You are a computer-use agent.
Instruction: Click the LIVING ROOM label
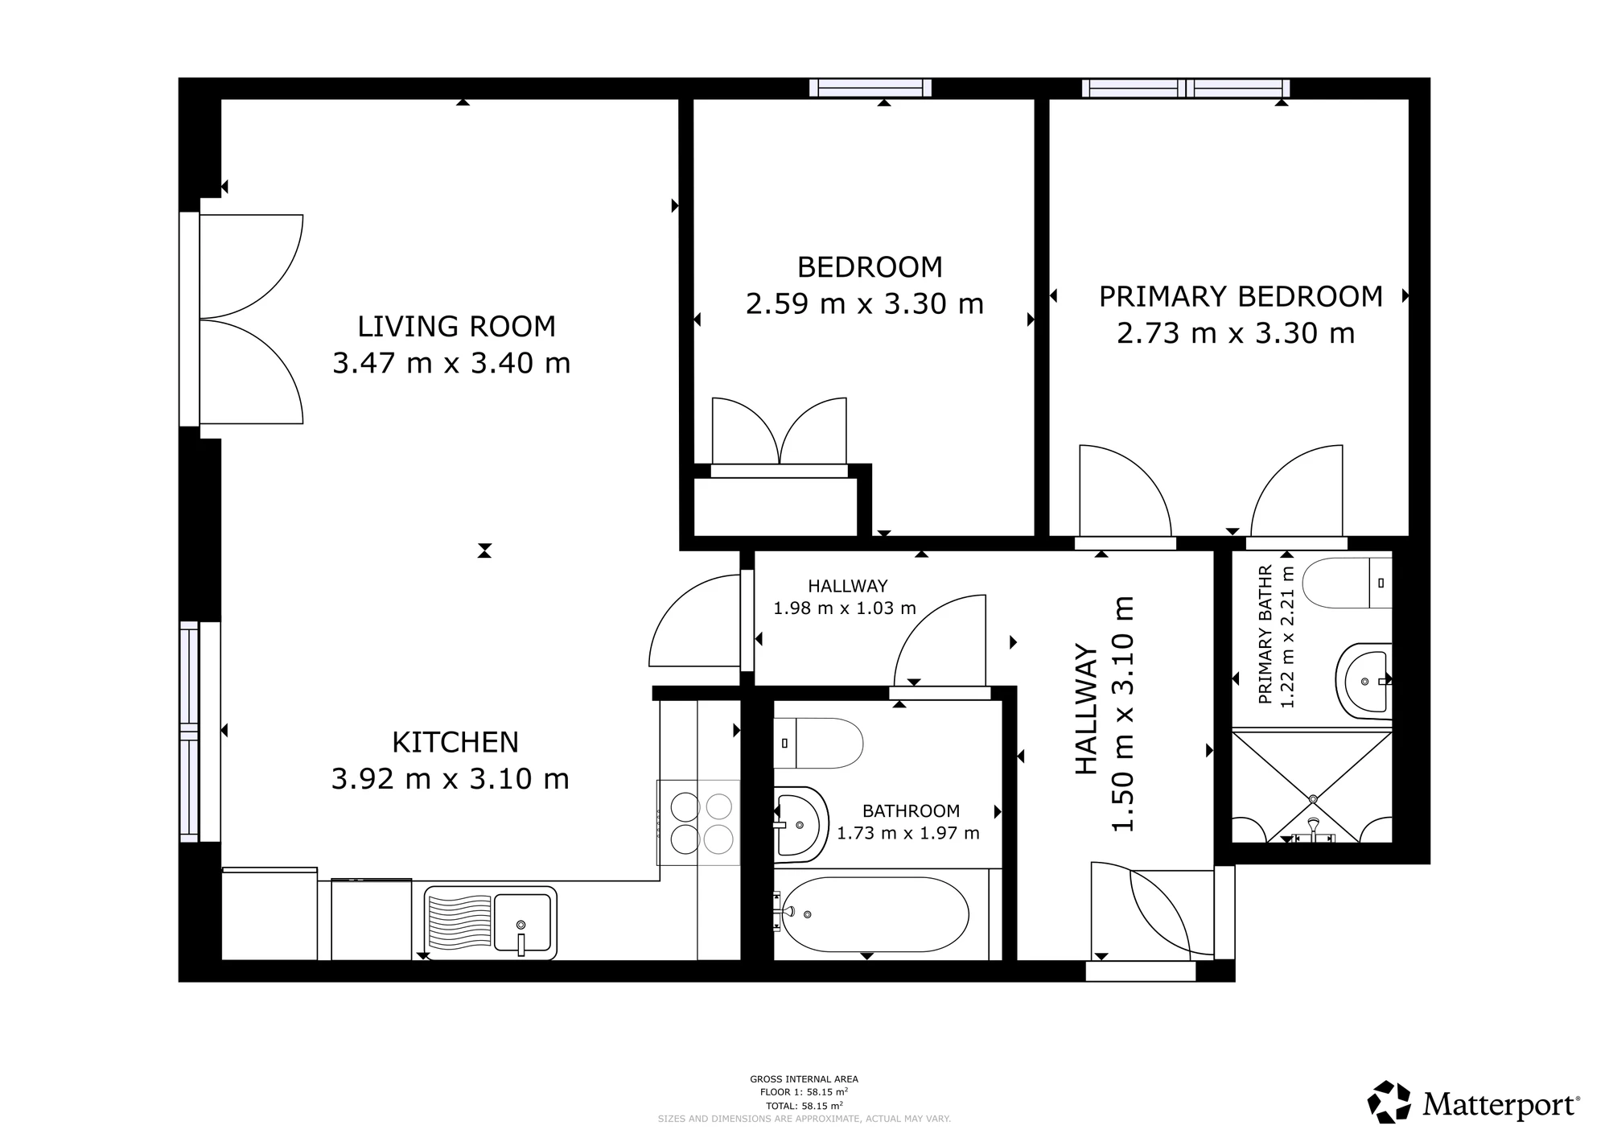[456, 327]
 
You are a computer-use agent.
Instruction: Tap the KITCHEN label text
[455, 742]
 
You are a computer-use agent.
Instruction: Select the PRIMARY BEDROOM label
[1241, 297]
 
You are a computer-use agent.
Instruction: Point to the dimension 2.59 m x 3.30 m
[865, 304]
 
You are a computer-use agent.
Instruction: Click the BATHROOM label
[911, 811]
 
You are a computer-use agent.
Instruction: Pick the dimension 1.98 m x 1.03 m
[845, 608]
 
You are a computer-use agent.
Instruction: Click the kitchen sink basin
[522, 923]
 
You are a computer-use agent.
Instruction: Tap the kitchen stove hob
[698, 823]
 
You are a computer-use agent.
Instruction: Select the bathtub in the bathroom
[875, 914]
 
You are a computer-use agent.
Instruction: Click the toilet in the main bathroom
[818, 743]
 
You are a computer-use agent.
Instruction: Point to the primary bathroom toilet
[1347, 583]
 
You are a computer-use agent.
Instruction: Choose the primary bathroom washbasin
[1364, 681]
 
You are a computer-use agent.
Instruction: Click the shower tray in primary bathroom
[1312, 785]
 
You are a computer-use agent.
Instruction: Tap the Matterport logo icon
[1389, 1102]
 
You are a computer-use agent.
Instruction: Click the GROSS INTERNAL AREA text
[804, 1079]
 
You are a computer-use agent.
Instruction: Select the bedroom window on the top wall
[870, 88]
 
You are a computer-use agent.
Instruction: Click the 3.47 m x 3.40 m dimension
[451, 364]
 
